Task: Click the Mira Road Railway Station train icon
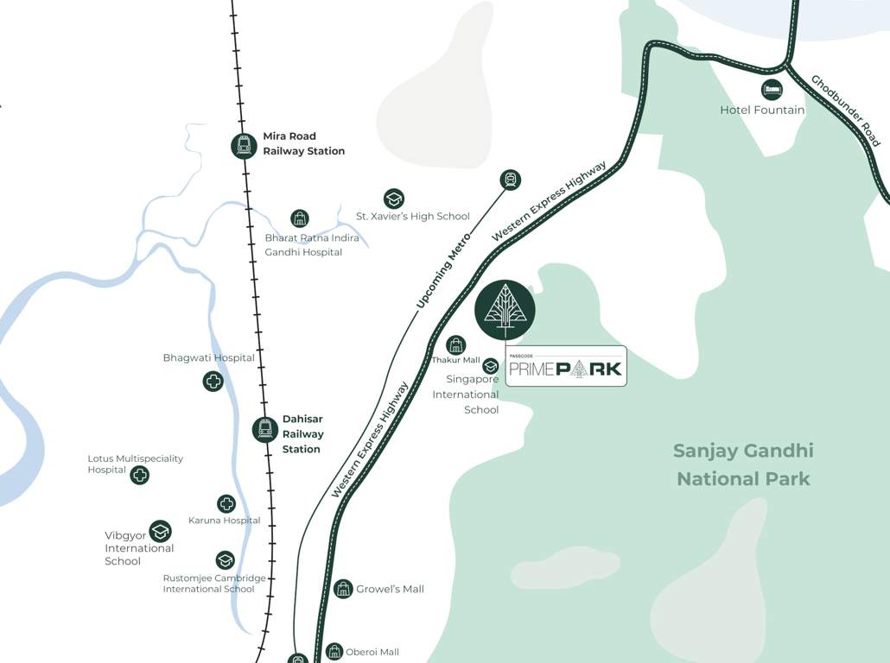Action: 244,146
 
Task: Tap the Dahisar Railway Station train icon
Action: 264,429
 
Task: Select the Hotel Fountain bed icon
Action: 772,89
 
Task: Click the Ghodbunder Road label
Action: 845,110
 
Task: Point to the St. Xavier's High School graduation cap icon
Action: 394,199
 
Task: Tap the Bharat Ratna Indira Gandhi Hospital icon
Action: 299,218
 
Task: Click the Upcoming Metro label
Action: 443,270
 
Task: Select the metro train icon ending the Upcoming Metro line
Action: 511,180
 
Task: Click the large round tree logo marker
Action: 505,310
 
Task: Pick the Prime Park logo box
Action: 566,366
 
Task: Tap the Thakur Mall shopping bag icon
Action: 456,344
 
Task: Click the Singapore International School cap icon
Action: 491,366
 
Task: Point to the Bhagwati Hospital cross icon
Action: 213,381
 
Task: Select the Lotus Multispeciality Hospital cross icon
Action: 139,474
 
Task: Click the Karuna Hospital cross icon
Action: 226,503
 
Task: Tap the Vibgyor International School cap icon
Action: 160,531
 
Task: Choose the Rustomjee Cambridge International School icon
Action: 225,560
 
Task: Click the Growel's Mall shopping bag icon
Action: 343,589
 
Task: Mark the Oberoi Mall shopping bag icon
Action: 334,652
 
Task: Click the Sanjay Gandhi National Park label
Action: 743,464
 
